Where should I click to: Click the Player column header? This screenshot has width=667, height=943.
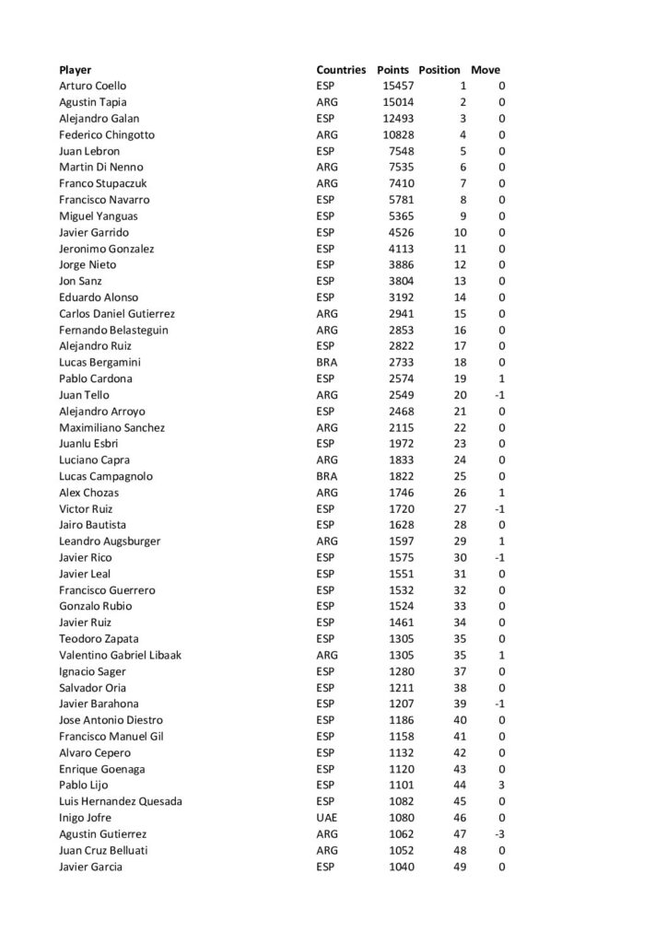tap(75, 70)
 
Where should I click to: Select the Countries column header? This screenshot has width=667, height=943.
tap(342, 70)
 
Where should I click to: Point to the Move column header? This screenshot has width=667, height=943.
tap(486, 70)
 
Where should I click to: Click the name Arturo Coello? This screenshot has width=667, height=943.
tap(93, 86)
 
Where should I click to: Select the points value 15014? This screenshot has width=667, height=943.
tap(399, 102)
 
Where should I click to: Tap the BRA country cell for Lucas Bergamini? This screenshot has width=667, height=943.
tap(327, 362)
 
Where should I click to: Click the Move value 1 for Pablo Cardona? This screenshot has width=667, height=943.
tap(501, 378)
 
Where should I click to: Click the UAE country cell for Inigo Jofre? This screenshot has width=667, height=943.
tap(327, 818)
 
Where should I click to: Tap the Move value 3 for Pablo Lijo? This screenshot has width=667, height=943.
tap(501, 785)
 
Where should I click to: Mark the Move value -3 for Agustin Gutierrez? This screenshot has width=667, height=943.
tap(499, 833)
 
